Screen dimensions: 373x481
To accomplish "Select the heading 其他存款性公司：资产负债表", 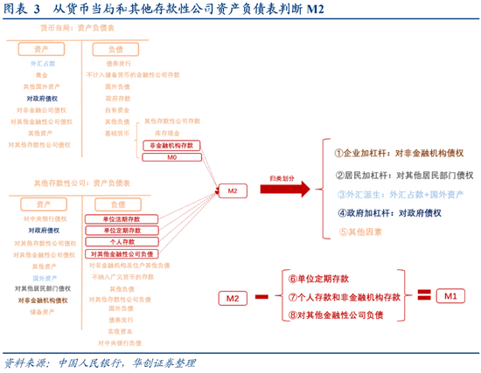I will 84,183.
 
